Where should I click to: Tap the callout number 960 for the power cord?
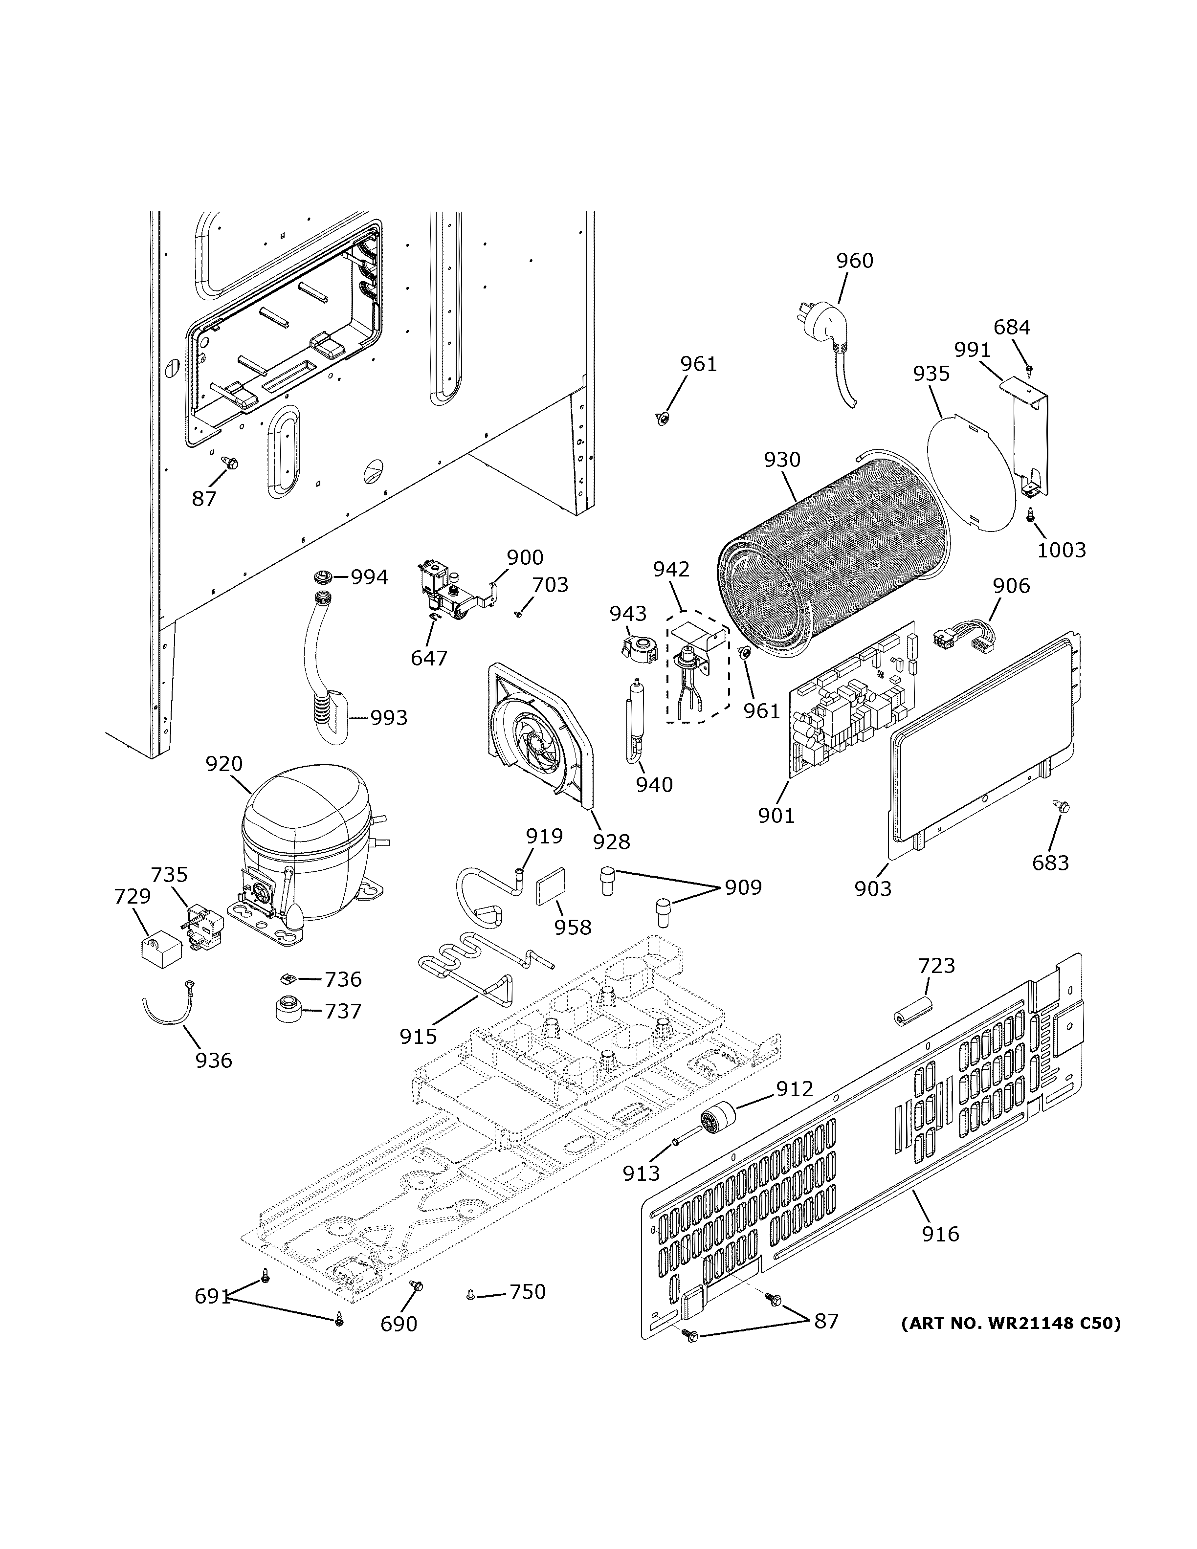point(855,261)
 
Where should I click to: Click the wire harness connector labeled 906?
point(964,631)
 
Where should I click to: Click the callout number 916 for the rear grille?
point(940,1234)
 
